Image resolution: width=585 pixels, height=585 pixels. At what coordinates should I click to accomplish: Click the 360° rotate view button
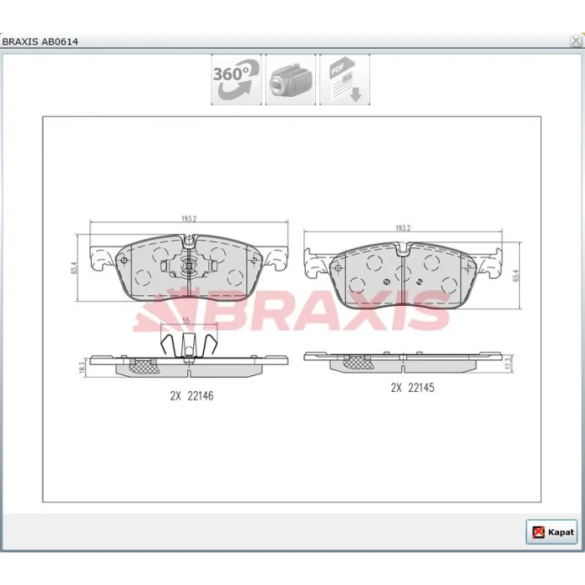tap(237, 79)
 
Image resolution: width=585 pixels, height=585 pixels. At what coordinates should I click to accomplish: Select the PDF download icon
tap(344, 79)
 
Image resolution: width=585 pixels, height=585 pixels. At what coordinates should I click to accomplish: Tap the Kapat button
tap(552, 532)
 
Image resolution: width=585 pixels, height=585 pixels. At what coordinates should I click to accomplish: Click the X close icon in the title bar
tap(576, 41)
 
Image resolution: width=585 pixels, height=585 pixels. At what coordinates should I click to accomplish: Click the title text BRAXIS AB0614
tap(40, 42)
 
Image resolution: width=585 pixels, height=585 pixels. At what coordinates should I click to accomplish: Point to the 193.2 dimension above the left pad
tap(189, 219)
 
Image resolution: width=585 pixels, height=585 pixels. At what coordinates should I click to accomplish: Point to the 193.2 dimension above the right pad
tap(403, 228)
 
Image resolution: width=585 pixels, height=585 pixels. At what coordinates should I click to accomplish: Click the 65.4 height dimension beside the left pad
tap(74, 268)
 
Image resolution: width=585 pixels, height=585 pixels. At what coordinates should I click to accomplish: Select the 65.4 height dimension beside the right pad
tap(516, 275)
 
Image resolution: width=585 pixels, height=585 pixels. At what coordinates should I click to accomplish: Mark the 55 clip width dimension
tap(186, 321)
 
